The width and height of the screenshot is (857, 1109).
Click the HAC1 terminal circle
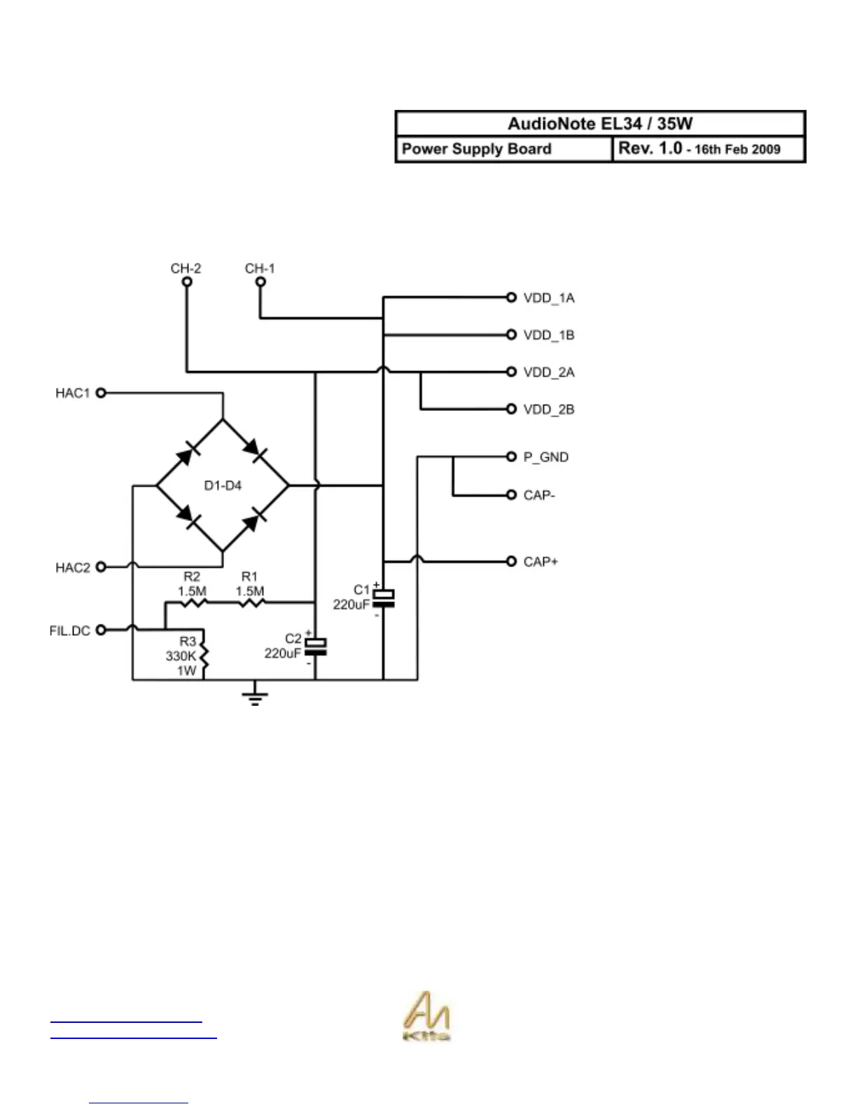pyautogui.click(x=101, y=393)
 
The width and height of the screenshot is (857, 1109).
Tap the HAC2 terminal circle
pyautogui.click(x=101, y=566)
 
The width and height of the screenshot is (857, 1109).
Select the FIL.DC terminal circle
pyautogui.click(x=101, y=630)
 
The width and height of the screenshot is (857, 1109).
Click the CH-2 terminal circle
pyautogui.click(x=186, y=281)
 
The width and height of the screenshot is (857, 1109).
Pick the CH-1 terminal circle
pyautogui.click(x=260, y=281)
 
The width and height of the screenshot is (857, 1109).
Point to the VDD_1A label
pyautogui.click(x=549, y=298)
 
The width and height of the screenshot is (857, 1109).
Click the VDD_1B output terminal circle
pyautogui.click(x=511, y=335)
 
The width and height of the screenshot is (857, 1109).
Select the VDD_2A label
pyautogui.click(x=549, y=372)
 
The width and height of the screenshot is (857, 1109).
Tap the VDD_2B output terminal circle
pyautogui.click(x=511, y=409)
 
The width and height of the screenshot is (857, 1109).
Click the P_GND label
pyautogui.click(x=546, y=457)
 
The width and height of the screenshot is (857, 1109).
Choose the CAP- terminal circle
pyautogui.click(x=511, y=495)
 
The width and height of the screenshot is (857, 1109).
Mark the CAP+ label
pyautogui.click(x=541, y=562)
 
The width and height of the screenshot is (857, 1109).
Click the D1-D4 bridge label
pyautogui.click(x=223, y=485)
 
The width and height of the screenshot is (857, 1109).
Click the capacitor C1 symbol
pyautogui.click(x=383, y=599)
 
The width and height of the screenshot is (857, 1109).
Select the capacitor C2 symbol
pyautogui.click(x=316, y=647)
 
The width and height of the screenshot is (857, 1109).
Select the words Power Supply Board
pyautogui.click(x=477, y=149)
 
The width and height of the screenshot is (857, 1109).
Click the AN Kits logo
pyautogui.click(x=426, y=1017)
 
